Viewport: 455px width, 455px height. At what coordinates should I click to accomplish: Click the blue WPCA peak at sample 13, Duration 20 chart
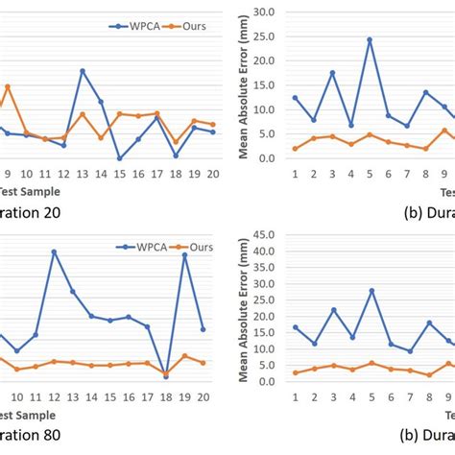pyautogui.click(x=83, y=71)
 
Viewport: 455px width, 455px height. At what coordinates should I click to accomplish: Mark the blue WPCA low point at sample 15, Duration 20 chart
pyautogui.click(x=120, y=158)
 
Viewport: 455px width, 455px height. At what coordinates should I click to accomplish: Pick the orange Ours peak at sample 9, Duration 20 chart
pyautogui.click(x=8, y=86)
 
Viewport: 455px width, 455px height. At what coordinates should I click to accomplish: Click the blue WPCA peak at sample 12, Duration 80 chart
pyautogui.click(x=54, y=251)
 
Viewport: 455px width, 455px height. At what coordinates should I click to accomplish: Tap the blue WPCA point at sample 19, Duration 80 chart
pyautogui.click(x=184, y=254)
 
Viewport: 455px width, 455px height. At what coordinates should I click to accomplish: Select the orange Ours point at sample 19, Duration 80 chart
pyautogui.click(x=184, y=356)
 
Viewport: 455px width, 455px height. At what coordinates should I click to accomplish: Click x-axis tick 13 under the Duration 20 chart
pyautogui.click(x=83, y=175)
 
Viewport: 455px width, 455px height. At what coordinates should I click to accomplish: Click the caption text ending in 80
pyautogui.click(x=29, y=433)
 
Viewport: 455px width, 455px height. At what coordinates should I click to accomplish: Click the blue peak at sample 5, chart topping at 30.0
pyautogui.click(x=370, y=40)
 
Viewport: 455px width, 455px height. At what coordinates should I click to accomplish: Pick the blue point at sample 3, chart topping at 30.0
pyautogui.click(x=332, y=73)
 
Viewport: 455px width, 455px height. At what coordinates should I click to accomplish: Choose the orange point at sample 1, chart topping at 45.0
pyautogui.click(x=296, y=372)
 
